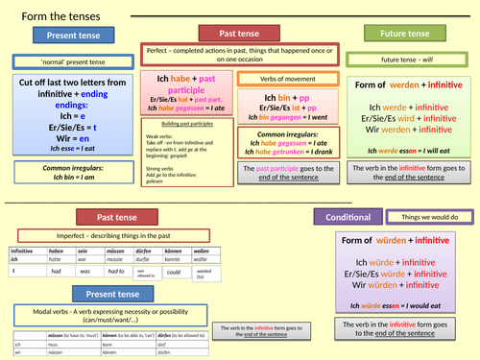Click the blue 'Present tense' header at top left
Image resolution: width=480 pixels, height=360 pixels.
tap(72, 36)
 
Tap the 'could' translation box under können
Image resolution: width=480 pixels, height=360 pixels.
tap(173, 272)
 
